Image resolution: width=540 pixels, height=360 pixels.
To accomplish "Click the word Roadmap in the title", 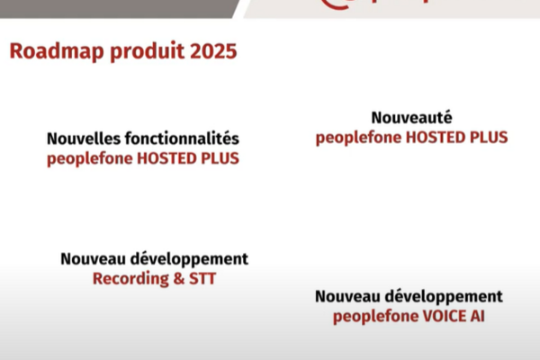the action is pyautogui.click(x=57, y=51).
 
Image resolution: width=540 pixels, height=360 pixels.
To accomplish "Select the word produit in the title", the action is pyautogui.click(x=148, y=51).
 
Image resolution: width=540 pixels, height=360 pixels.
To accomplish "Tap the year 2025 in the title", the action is pyautogui.click(x=213, y=51).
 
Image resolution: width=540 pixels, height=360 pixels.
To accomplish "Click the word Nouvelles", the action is pyautogui.click(x=84, y=139).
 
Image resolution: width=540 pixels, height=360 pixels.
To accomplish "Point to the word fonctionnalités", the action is pyautogui.click(x=182, y=139).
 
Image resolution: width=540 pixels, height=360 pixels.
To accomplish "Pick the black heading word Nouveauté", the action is pyautogui.click(x=411, y=118).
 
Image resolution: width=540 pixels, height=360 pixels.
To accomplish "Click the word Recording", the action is pyautogui.click(x=130, y=279).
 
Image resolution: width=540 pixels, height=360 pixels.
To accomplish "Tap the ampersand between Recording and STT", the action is pyautogui.click(x=179, y=279).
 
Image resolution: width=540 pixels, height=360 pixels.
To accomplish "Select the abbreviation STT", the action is pyautogui.click(x=202, y=278).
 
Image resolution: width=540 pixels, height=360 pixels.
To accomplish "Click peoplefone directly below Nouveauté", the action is pyautogui.click(x=358, y=138).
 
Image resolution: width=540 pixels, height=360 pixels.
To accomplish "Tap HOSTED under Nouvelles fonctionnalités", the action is pyautogui.click(x=166, y=158).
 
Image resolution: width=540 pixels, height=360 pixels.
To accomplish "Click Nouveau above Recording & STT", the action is pyautogui.click(x=93, y=258).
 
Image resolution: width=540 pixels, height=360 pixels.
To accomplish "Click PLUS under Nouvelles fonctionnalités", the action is pyautogui.click(x=220, y=158).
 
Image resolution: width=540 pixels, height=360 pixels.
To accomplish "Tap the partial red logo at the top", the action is pyautogui.click(x=375, y=4).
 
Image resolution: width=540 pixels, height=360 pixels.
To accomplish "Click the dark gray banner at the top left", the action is pyautogui.click(x=119, y=9).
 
